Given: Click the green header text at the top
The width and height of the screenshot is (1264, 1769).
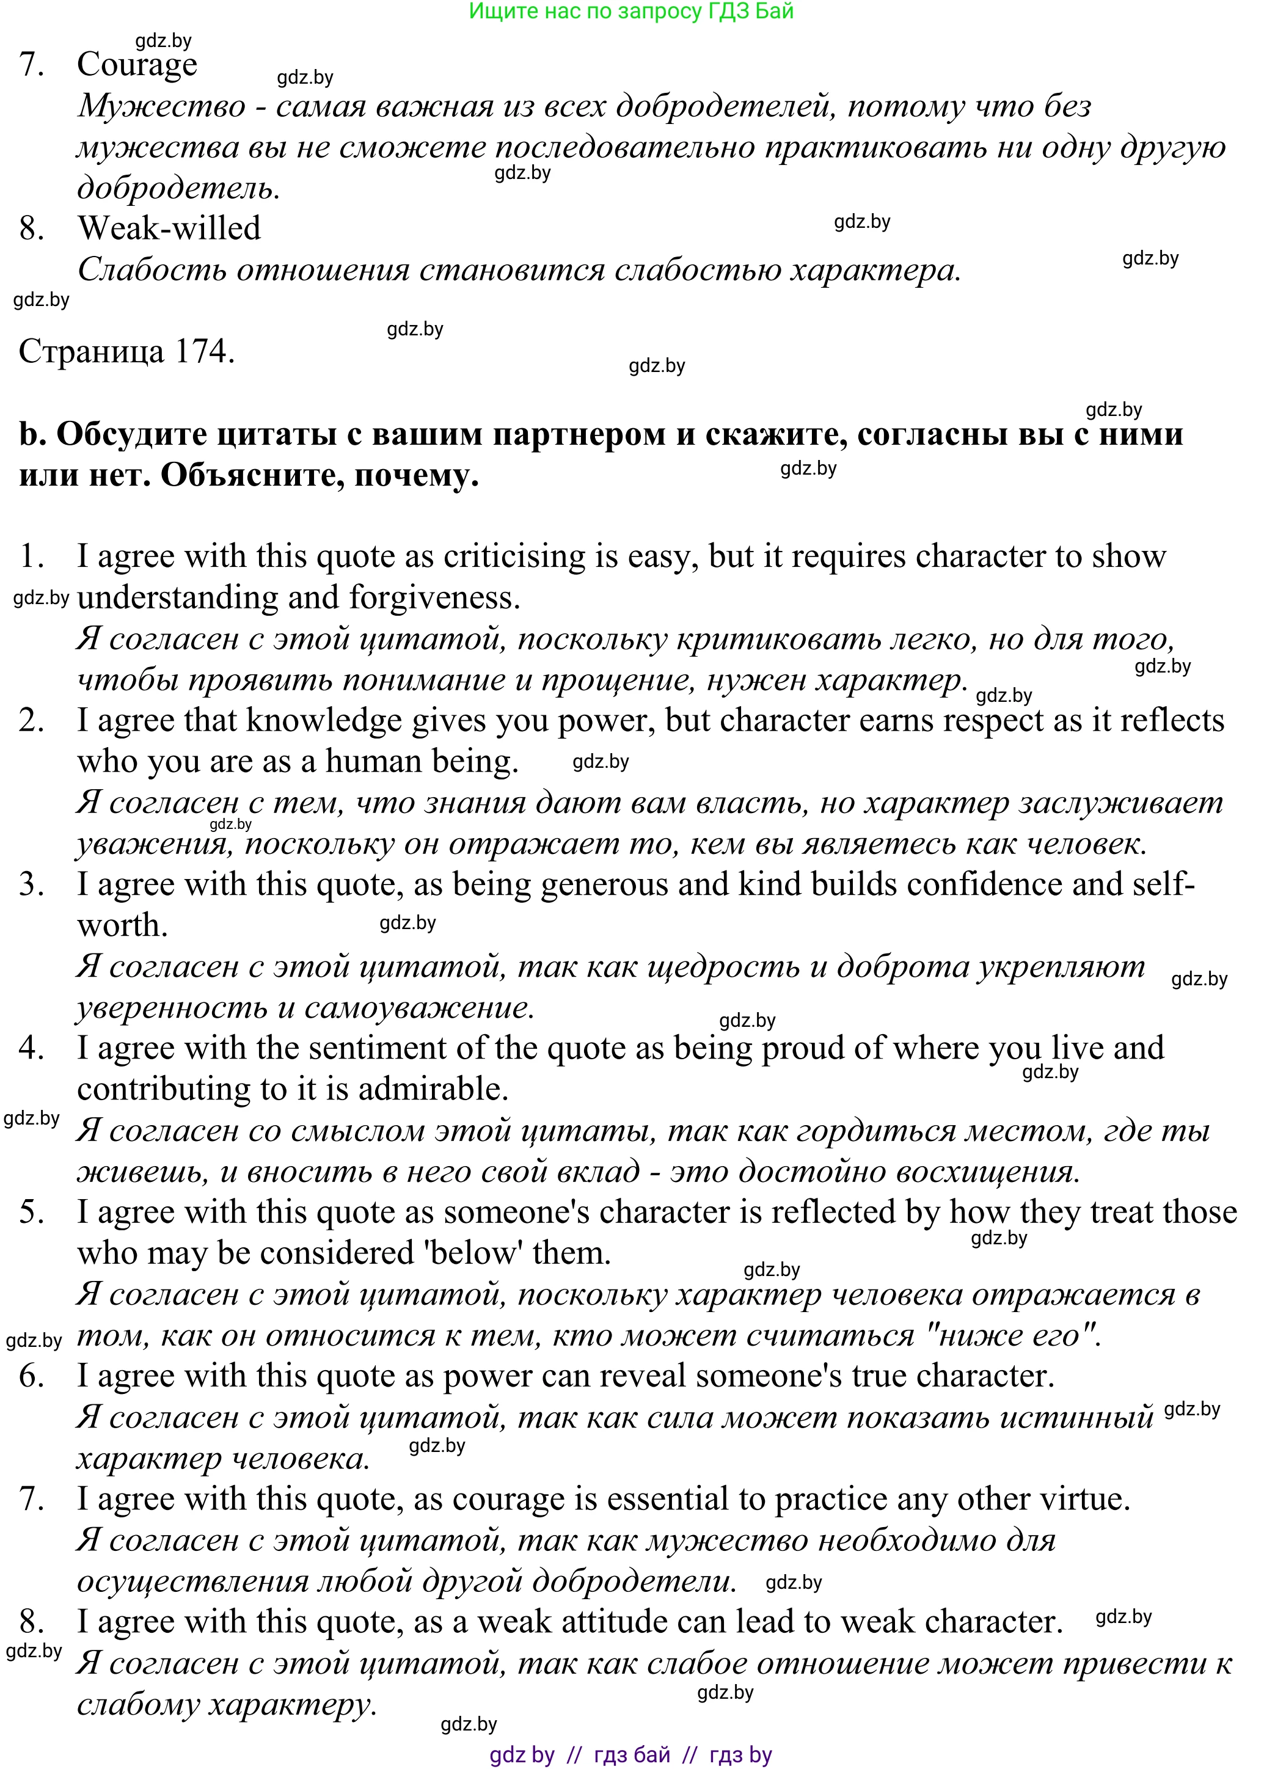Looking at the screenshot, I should pyautogui.click(x=631, y=11).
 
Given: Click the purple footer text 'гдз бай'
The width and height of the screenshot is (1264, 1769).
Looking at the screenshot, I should pyautogui.click(x=631, y=1755).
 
